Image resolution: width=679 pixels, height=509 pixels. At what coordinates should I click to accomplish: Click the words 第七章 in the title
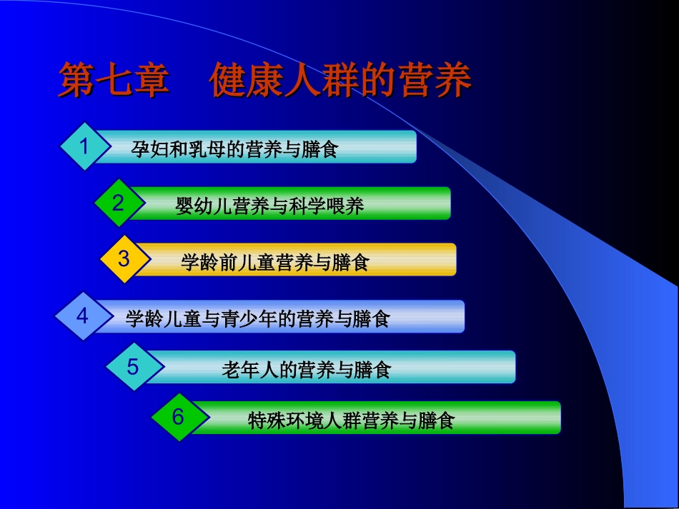pyautogui.click(x=114, y=81)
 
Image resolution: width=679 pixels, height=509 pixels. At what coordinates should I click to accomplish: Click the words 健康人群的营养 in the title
pyautogui.click(x=340, y=81)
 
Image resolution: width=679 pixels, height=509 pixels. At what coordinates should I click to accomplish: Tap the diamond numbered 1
pyautogui.click(x=84, y=147)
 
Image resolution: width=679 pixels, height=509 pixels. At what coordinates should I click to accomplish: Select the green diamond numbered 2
pyautogui.click(x=119, y=203)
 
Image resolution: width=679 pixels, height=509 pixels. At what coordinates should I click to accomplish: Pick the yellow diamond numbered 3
pyautogui.click(x=124, y=259)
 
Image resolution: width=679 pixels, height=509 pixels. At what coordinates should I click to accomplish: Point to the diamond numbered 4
pyautogui.click(x=82, y=316)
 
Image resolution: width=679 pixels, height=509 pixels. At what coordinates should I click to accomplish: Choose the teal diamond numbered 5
pyautogui.click(x=133, y=367)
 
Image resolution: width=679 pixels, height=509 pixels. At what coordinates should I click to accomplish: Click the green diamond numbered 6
pyautogui.click(x=178, y=417)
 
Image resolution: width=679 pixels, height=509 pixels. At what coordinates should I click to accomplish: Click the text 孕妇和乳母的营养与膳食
pyautogui.click(x=234, y=149)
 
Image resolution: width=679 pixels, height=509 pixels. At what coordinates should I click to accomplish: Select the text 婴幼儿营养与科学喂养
pyautogui.click(x=269, y=206)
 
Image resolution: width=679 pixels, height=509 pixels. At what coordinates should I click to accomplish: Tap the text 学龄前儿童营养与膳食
pyautogui.click(x=275, y=263)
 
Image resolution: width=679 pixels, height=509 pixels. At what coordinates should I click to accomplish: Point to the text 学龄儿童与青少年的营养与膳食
pyautogui.click(x=257, y=318)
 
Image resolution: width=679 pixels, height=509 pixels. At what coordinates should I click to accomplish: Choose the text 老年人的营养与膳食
pyautogui.click(x=306, y=370)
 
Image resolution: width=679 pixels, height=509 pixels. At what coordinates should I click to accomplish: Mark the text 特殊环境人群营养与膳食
pyautogui.click(x=351, y=420)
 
